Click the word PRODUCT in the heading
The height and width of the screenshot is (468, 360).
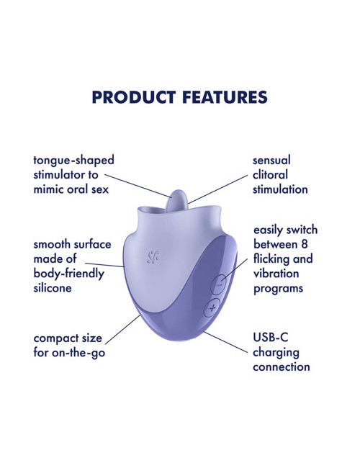[x=133, y=97]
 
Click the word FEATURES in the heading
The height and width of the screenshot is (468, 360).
[x=225, y=97]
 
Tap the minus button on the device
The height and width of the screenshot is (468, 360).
[x=218, y=284]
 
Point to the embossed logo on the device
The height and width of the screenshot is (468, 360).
[x=153, y=257]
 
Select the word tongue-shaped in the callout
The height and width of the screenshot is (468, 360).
[x=73, y=161]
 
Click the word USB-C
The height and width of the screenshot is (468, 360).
[x=271, y=337]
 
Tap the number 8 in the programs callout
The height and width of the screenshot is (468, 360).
[x=304, y=245]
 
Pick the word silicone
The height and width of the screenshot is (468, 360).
[x=53, y=288]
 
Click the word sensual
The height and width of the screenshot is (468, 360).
[x=271, y=161]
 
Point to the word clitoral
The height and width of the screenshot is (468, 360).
[x=270, y=175]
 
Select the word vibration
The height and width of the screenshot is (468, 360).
[x=276, y=274]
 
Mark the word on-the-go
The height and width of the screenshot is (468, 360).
[x=78, y=353]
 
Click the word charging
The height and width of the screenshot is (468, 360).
[x=276, y=353]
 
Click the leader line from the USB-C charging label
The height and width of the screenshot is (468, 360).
[x=226, y=342]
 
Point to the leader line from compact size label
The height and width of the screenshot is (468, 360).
[x=122, y=329]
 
